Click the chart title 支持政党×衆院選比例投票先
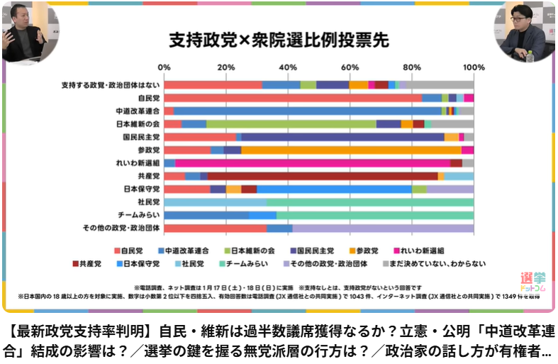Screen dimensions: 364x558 point(277,40)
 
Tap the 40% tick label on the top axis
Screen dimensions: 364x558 point(288,67)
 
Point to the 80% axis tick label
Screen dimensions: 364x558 point(411,67)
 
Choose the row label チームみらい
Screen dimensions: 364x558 point(142,215)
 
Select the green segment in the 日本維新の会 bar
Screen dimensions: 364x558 point(291,124)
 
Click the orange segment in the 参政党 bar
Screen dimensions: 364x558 point(351,150)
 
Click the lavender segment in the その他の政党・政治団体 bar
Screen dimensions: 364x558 point(383,228)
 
